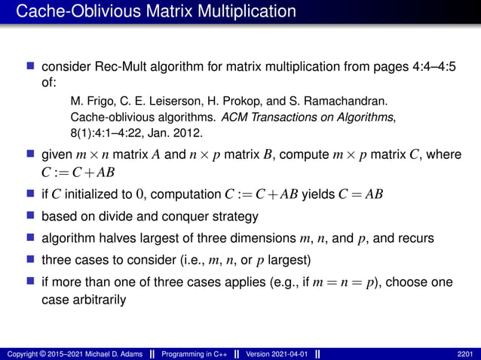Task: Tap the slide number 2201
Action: (465, 354)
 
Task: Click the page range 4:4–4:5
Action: (430, 69)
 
